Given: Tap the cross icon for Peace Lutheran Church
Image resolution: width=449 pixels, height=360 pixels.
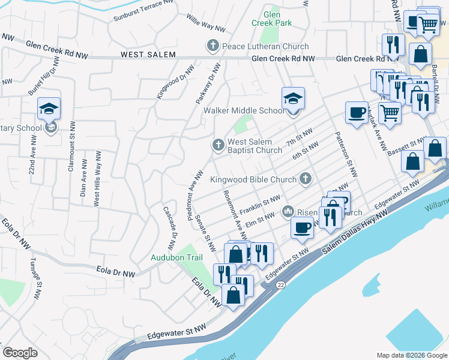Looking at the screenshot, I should click(x=212, y=46).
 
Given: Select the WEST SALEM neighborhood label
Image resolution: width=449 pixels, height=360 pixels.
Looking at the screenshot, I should click(x=148, y=55).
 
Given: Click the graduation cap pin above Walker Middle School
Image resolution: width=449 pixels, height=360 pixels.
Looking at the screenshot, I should click(x=293, y=98).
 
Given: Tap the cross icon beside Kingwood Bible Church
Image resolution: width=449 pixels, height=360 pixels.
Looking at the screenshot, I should click(x=306, y=179).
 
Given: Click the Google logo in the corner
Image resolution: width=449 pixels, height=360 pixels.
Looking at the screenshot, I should click(x=20, y=352).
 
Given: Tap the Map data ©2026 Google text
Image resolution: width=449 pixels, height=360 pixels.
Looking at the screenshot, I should click(x=412, y=355).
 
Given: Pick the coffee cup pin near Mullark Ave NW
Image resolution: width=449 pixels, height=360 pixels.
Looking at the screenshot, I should click(x=357, y=113).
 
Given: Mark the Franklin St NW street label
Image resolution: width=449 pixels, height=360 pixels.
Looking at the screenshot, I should click(x=259, y=205).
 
